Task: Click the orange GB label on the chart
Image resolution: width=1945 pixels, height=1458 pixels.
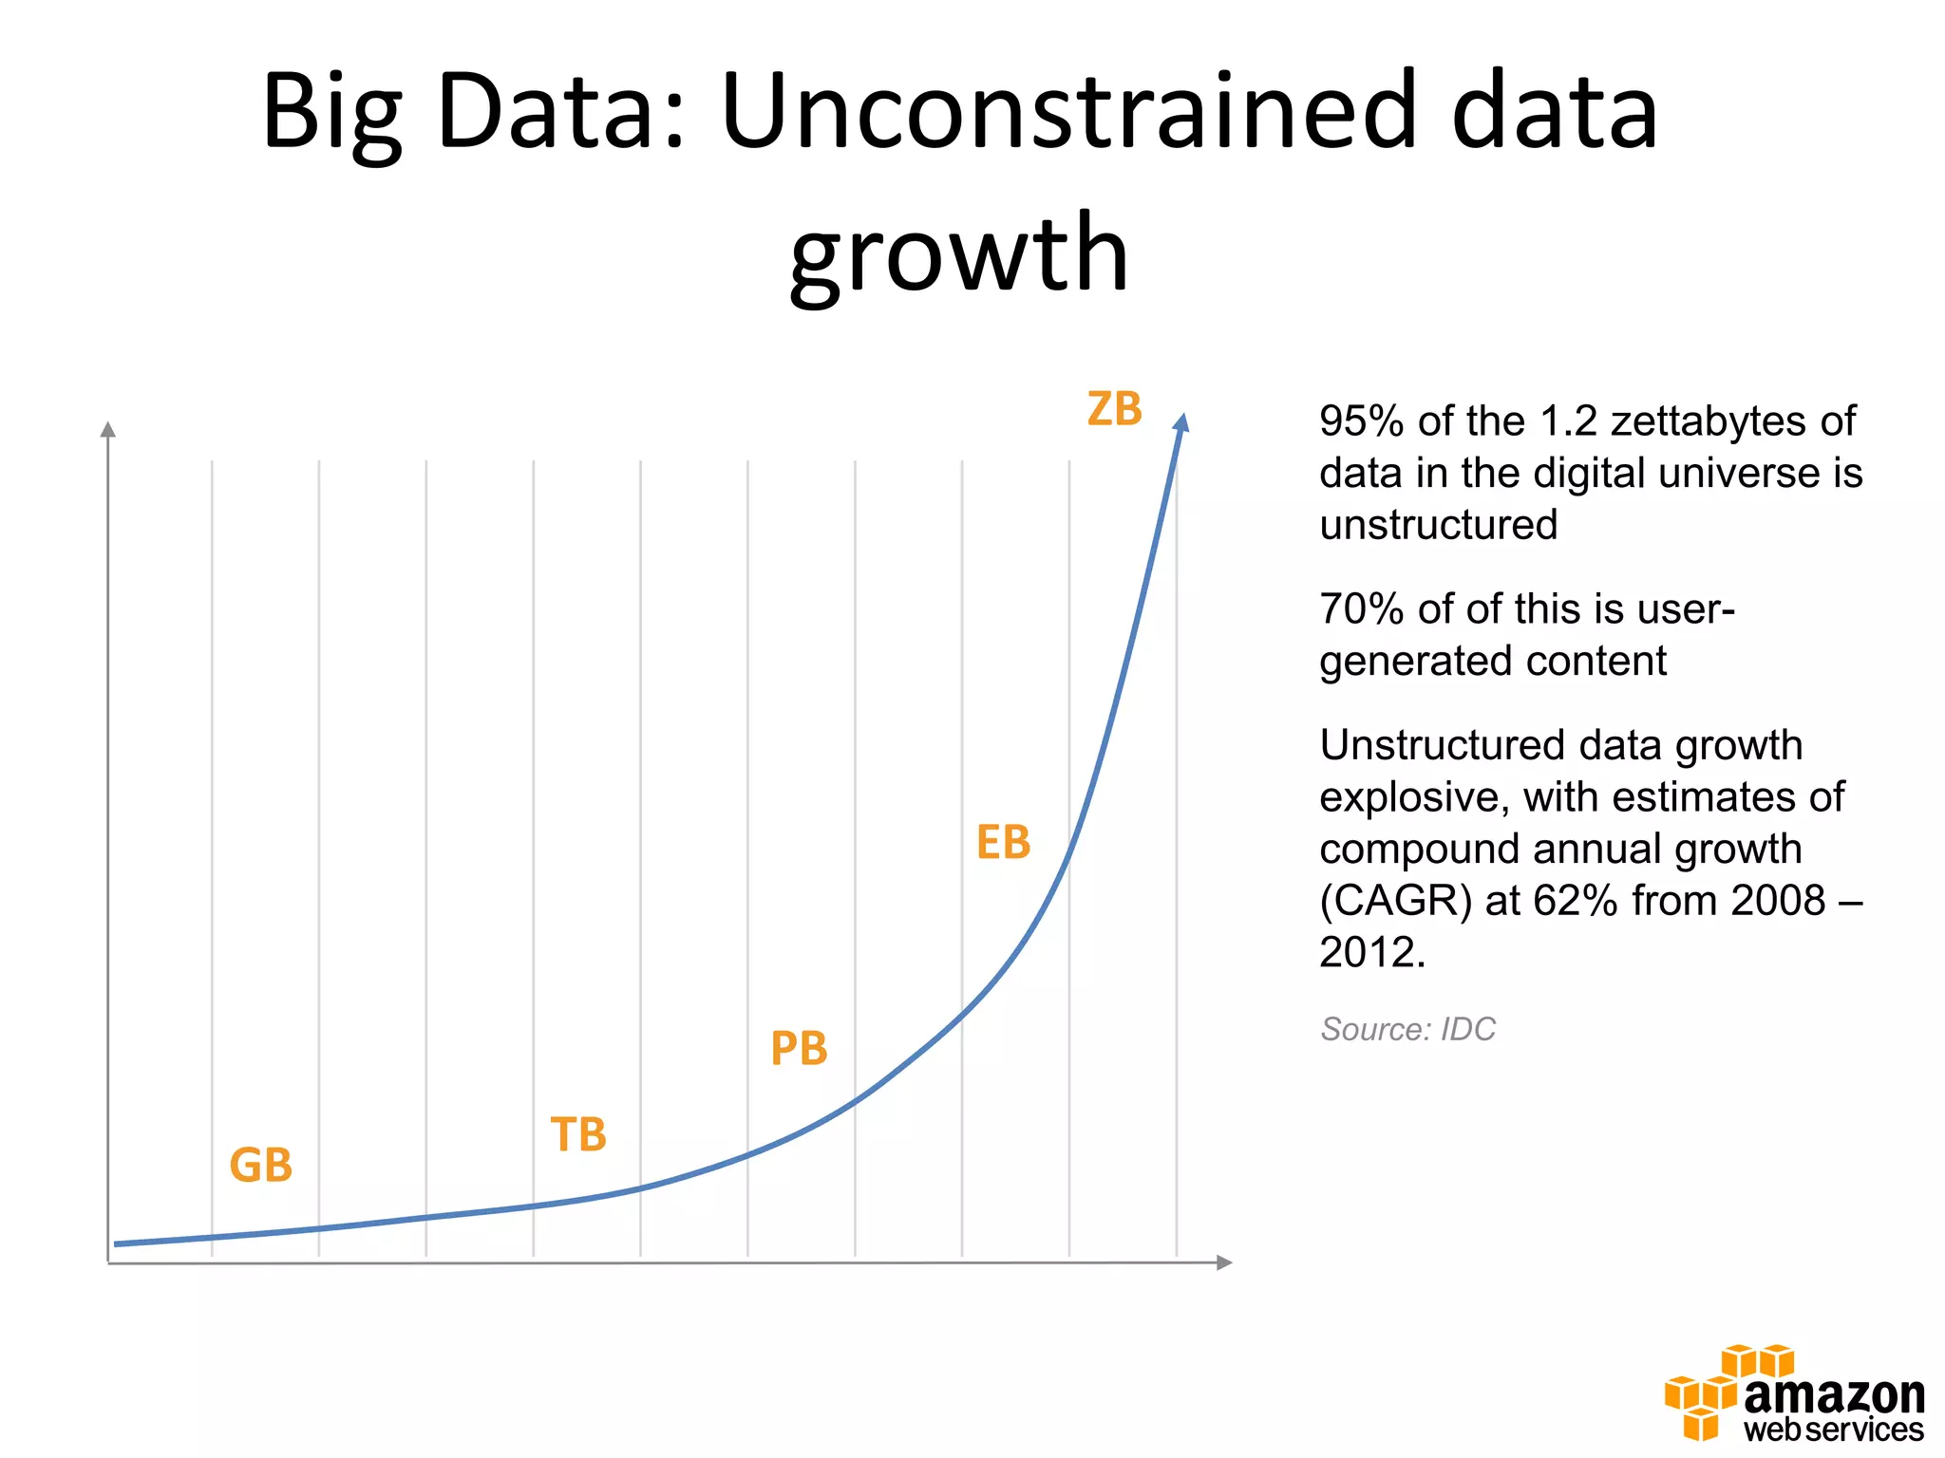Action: point(260,1165)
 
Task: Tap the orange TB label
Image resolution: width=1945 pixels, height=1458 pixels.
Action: point(578,1134)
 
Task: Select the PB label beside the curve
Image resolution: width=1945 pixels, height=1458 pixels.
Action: point(799,1049)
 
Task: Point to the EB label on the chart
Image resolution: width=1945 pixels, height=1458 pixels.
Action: point(1003,842)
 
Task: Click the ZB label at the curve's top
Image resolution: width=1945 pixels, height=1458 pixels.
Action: point(1114,409)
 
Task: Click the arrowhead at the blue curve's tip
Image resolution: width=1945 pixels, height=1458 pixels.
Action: point(1182,423)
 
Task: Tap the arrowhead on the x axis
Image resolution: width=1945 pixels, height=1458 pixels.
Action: point(1224,1262)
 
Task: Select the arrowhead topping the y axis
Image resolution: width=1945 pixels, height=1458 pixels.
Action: point(108,430)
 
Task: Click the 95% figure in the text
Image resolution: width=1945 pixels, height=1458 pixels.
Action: point(1361,421)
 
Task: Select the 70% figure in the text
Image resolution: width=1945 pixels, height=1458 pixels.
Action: point(1361,608)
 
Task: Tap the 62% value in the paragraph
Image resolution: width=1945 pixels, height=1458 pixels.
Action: point(1575,900)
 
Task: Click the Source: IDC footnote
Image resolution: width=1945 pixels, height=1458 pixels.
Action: point(1407,1029)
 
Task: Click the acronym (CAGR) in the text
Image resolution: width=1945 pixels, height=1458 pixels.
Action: point(1395,900)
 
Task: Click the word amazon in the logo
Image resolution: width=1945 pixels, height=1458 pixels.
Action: point(1834,1394)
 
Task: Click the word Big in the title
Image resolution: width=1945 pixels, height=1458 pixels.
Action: point(331,112)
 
